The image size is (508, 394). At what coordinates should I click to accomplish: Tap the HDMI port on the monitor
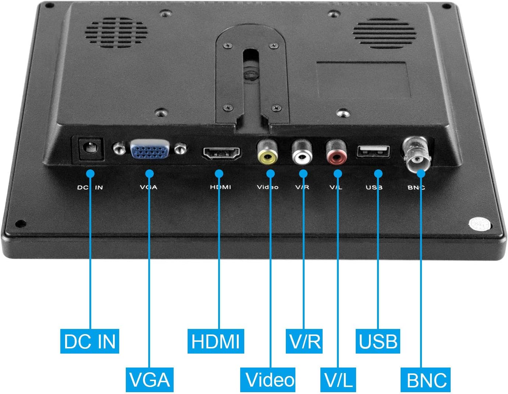(x=221, y=153)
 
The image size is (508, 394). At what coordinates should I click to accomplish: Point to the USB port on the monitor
(x=373, y=151)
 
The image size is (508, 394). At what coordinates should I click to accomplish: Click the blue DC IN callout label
(x=89, y=341)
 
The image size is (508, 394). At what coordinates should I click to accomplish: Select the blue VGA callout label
(x=149, y=380)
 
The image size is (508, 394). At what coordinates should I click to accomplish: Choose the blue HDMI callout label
(x=216, y=341)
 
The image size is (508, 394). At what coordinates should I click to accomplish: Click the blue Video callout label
(x=270, y=380)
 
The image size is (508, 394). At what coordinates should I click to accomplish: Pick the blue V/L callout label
(x=338, y=380)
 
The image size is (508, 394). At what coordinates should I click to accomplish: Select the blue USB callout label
(x=378, y=341)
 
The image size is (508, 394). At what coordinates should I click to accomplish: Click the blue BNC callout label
(x=427, y=380)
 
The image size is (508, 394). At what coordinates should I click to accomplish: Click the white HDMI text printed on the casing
(x=220, y=187)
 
